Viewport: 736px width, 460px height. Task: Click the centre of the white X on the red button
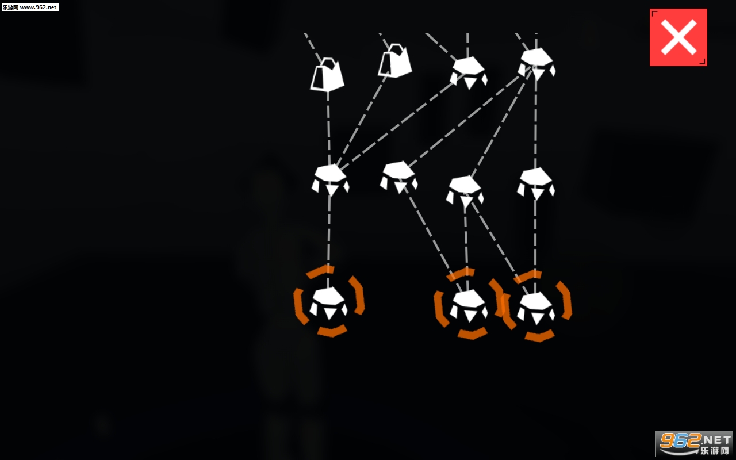click(678, 37)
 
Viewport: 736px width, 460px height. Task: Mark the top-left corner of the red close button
click(650, 9)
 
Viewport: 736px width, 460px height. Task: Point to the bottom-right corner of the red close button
click(707, 66)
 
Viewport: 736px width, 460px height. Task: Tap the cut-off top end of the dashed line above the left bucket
click(305, 33)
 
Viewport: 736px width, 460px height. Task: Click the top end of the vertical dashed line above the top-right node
click(536, 33)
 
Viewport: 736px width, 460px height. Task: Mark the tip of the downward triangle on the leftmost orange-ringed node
click(329, 319)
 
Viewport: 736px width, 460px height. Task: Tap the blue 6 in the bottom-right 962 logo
click(683, 440)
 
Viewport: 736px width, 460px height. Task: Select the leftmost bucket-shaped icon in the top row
click(327, 74)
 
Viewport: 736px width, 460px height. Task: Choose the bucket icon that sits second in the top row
click(394, 61)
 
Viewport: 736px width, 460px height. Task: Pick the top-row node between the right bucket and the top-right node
click(469, 72)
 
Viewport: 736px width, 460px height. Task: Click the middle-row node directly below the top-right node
click(536, 183)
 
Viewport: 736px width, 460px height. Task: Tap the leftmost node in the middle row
click(330, 180)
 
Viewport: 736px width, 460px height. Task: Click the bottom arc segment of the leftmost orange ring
click(332, 331)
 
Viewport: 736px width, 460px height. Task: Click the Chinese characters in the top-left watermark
click(10, 7)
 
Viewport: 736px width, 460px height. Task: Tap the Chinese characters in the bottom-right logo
click(715, 450)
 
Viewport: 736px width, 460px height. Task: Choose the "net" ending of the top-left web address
click(52, 7)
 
